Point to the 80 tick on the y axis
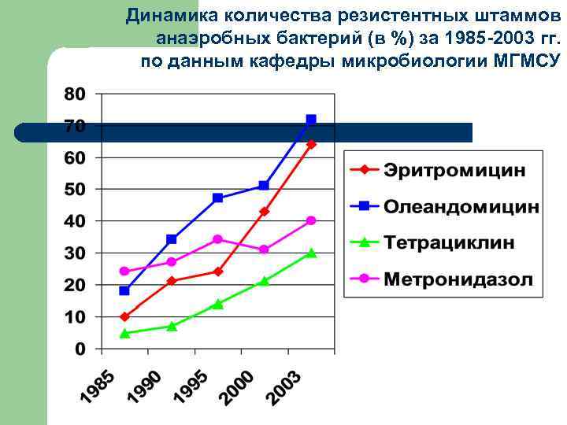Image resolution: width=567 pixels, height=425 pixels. [x=74, y=94]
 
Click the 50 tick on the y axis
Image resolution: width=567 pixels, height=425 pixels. [x=74, y=190]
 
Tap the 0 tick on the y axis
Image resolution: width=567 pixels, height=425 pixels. [x=80, y=349]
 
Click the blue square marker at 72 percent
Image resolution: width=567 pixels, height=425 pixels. [x=311, y=120]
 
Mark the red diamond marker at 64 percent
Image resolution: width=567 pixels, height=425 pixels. [x=311, y=145]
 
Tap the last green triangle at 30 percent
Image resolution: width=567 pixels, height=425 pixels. [x=311, y=253]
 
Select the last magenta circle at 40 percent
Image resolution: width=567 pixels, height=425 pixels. [x=311, y=220]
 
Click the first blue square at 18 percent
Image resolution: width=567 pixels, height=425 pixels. [x=124, y=290]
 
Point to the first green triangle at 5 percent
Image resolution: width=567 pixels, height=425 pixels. [x=124, y=333]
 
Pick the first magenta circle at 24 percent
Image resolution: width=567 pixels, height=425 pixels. [x=124, y=272]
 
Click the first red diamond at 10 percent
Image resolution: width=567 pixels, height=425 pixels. [x=124, y=316]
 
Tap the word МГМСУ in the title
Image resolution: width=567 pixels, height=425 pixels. [x=528, y=61]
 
